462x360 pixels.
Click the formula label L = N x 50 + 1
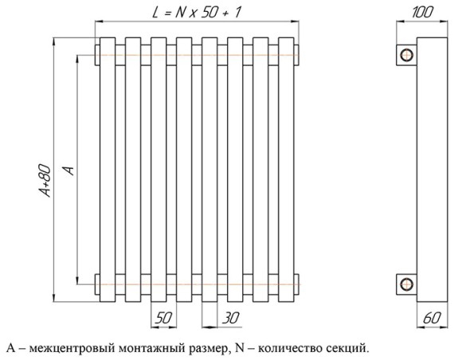pos(196,13)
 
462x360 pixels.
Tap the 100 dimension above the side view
pos(422,13)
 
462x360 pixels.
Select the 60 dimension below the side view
pos(432,318)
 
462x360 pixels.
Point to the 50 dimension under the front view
pos(163,318)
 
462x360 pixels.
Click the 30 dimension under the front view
pos(231,318)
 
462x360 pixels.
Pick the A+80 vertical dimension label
pos(45,181)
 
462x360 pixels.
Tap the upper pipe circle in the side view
pos(406,55)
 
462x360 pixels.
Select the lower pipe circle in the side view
pos(406,284)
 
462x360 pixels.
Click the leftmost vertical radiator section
pos(108,170)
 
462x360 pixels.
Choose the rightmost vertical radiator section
pos(286,170)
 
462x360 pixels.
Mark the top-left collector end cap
pos(97,55)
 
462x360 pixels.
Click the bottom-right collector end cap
pos(296,284)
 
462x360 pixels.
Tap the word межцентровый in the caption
pos(72,349)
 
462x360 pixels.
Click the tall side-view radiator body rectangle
pos(432,170)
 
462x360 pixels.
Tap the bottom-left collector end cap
pos(97,284)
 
